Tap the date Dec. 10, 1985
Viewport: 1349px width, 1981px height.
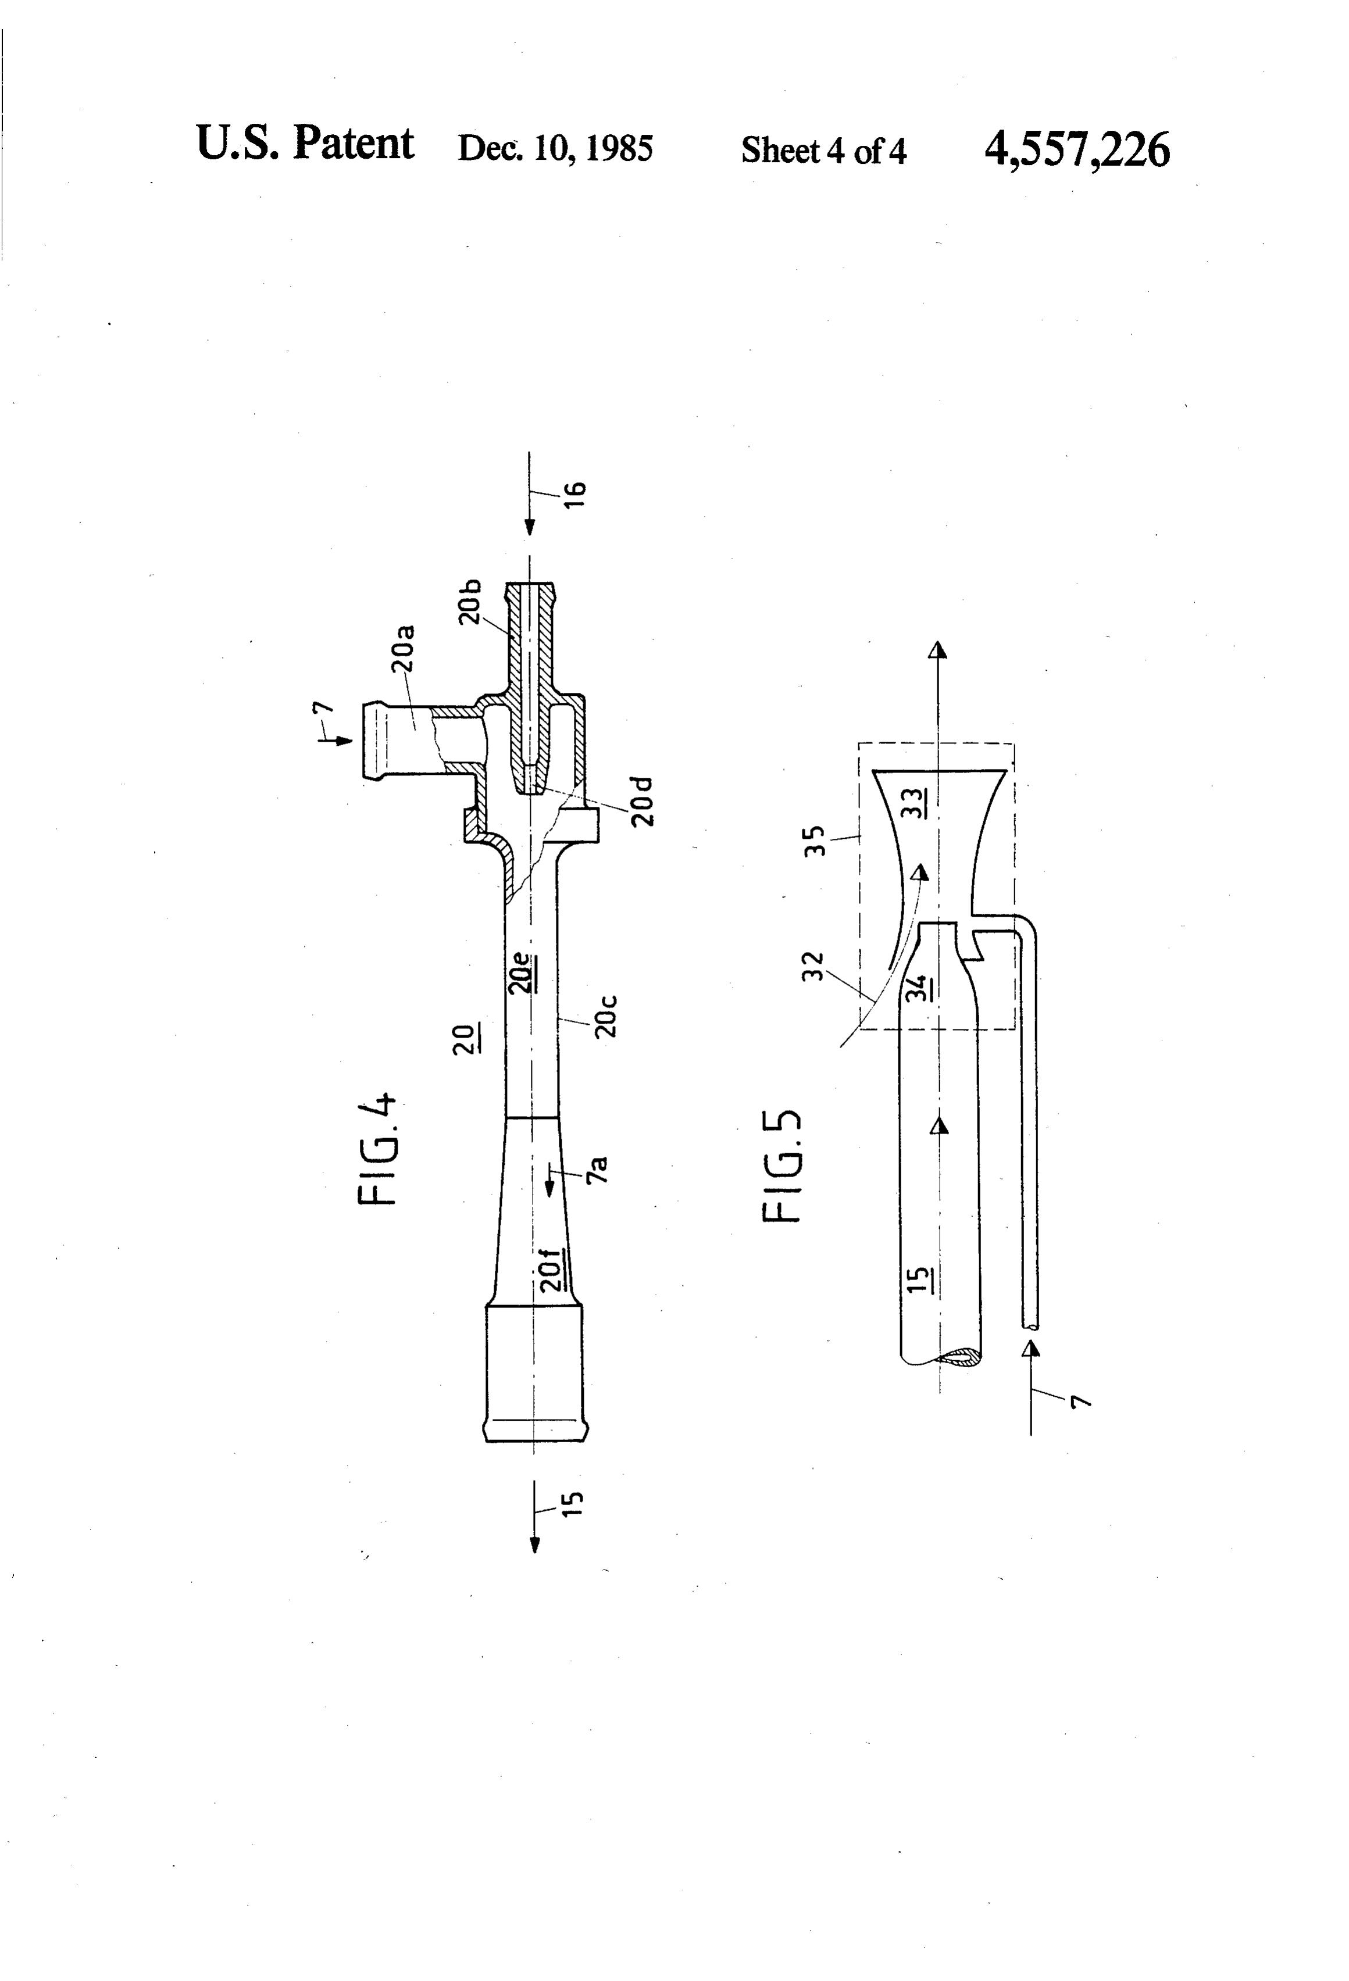click(x=555, y=148)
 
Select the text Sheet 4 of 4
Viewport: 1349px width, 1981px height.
click(x=824, y=151)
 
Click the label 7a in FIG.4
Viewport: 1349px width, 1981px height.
click(x=597, y=1168)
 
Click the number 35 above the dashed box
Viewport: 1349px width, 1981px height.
click(x=815, y=841)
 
